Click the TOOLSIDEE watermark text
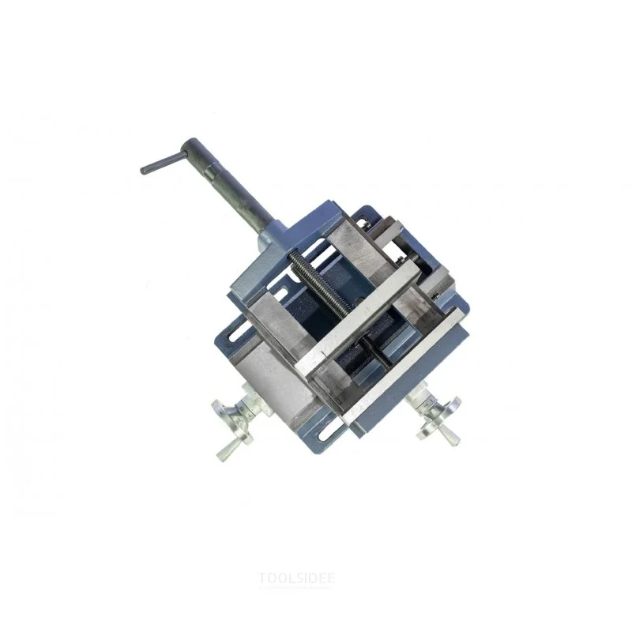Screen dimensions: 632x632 pos(297,578)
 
